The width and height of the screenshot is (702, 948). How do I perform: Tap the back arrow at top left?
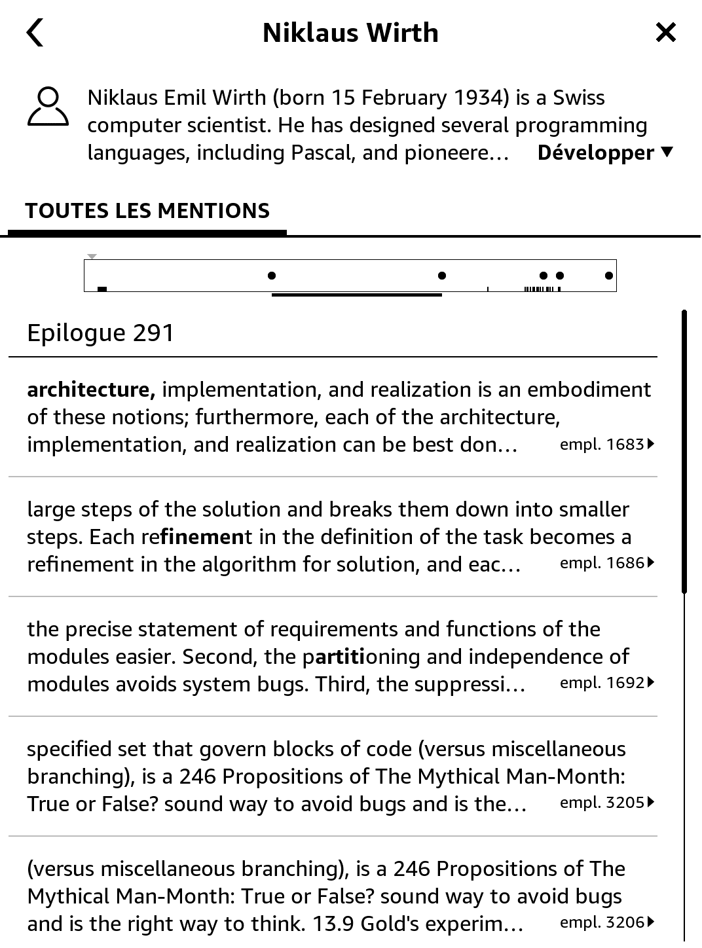35,33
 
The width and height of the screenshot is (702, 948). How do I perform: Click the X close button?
665,32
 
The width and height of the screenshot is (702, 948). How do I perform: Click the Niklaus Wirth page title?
350,33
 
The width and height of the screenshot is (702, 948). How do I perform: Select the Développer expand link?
604,153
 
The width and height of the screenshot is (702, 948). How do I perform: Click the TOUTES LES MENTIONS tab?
147,211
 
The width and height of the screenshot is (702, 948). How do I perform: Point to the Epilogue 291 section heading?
100,333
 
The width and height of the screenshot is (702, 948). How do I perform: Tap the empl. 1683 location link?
606,445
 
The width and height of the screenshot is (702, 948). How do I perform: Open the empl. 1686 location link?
606,563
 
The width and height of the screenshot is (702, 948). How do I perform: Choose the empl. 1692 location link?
606,683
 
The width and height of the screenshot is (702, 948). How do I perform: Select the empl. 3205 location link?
606,803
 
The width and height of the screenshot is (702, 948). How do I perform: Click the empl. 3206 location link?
606,922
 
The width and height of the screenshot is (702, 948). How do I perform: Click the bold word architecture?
90,390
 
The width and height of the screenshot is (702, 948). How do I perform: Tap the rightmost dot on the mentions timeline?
609,276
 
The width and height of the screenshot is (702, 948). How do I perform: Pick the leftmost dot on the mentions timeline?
272,276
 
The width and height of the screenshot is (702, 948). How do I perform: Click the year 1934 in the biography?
481,98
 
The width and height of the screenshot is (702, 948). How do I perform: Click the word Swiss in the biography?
579,98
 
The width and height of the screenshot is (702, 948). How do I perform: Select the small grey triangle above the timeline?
92,257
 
